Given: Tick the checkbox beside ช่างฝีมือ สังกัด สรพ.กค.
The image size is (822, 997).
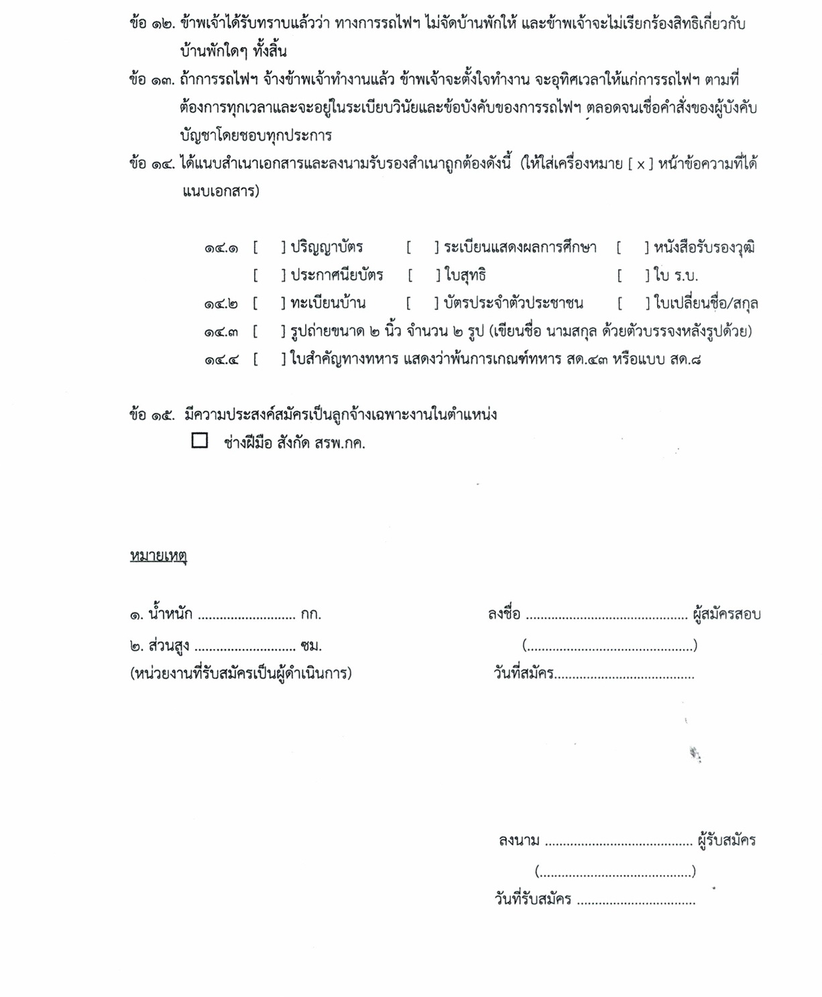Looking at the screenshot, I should click(199, 440).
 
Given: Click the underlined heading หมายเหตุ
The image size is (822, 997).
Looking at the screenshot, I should click(158, 556).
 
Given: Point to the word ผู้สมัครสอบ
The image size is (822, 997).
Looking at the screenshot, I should click(727, 614).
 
